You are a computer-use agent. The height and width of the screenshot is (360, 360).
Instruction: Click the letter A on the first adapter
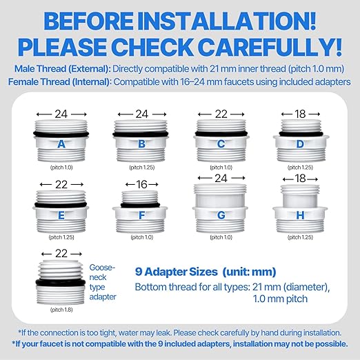click(61, 144)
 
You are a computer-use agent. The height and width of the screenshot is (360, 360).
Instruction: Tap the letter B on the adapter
click(141, 144)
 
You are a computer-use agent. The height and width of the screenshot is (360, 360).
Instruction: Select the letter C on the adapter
click(221, 144)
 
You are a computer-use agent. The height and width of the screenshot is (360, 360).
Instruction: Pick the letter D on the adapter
click(301, 144)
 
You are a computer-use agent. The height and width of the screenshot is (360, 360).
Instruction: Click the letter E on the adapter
click(61, 215)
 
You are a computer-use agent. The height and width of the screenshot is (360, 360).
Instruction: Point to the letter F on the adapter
click(141, 215)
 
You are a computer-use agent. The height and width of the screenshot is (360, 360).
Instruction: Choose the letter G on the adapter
click(221, 215)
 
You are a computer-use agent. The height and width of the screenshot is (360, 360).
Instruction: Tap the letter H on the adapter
click(301, 215)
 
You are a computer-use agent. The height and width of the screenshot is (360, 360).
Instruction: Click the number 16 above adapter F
click(141, 184)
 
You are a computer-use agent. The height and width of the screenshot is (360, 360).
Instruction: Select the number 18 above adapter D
click(301, 113)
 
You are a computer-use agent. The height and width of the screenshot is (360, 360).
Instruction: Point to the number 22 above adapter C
click(221, 113)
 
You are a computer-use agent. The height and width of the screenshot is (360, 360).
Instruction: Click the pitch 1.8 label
click(61, 310)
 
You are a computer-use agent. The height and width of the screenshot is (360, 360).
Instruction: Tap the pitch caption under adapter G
click(221, 237)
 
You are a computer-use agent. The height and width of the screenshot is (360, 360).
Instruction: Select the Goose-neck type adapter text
click(103, 282)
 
